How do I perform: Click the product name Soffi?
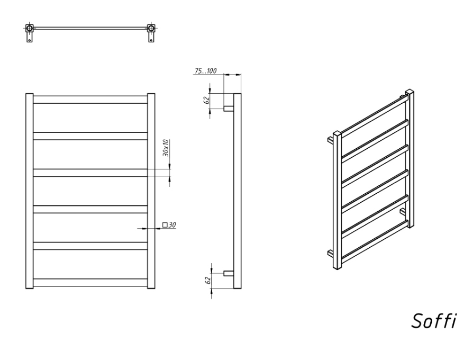tap(434, 321)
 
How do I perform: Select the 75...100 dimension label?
tap(205, 71)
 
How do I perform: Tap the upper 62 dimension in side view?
tap(207, 100)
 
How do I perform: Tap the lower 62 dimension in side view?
tap(207, 281)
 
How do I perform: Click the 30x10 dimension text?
tap(166, 148)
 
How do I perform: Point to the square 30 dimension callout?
tap(169, 225)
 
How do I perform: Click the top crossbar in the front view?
tap(90, 100)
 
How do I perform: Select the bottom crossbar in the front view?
tap(90, 283)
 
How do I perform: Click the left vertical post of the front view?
tap(30, 191)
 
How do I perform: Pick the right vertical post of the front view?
tap(151, 191)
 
